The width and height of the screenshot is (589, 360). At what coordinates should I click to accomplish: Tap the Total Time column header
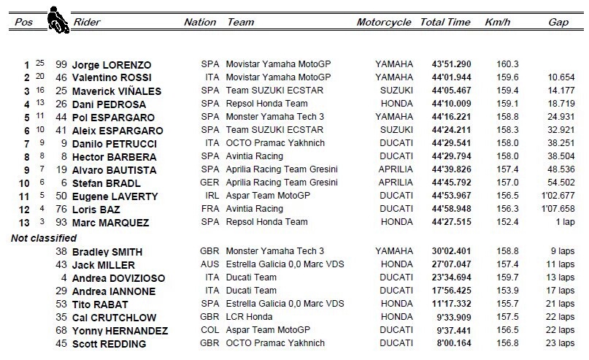[444, 23]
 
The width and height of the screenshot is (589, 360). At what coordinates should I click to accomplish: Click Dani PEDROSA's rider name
[105, 104]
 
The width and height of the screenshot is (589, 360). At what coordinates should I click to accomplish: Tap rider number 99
[62, 64]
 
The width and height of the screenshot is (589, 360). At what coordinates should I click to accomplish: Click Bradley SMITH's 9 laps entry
[561, 252]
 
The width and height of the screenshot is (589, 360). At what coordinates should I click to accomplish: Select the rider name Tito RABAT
[101, 305]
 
